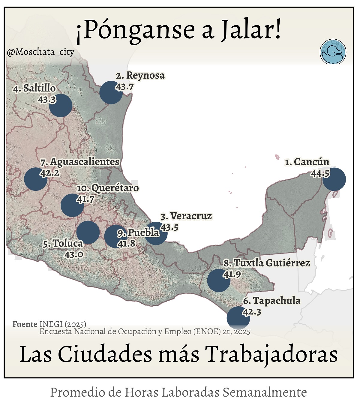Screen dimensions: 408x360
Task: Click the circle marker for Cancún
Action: click(334, 179)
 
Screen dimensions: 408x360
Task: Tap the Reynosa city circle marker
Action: click(111, 93)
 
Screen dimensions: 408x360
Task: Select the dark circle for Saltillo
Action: click(61, 105)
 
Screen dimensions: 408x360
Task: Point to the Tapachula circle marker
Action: click(238, 318)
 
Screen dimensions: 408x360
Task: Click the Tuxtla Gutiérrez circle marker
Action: click(219, 280)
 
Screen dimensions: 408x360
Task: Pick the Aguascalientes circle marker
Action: click(36, 179)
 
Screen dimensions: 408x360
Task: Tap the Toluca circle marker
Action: click(88, 232)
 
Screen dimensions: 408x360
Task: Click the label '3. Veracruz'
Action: click(186, 216)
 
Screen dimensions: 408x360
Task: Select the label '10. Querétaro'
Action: click(108, 188)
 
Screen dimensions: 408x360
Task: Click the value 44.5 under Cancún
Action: click(320, 173)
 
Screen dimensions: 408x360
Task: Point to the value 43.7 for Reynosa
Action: click(124, 87)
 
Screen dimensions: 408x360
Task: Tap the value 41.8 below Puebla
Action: click(126, 244)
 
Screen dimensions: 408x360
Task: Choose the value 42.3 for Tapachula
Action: click(252, 312)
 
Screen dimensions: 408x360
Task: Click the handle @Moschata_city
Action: click(40, 52)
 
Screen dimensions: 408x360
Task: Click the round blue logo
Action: click(333, 52)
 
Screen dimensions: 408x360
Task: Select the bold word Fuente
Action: click(25, 324)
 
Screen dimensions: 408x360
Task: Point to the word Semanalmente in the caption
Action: click(265, 392)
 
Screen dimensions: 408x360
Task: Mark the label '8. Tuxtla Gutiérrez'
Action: click(266, 263)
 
